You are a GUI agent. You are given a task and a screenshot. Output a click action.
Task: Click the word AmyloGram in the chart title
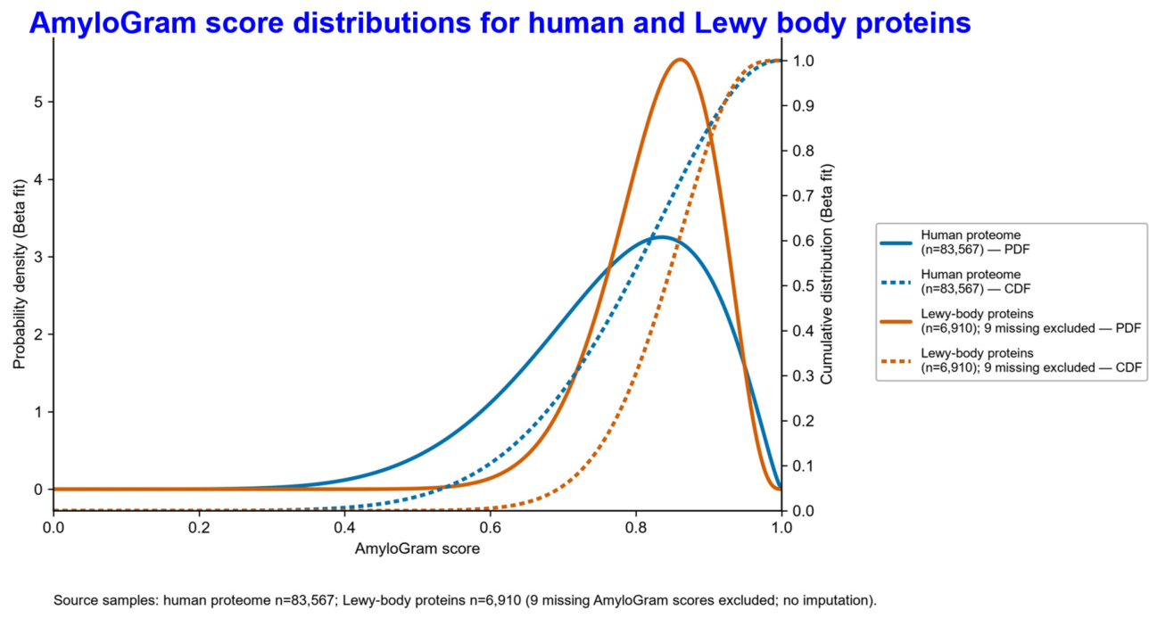click(x=113, y=22)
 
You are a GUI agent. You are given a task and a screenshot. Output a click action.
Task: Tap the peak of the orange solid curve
click(x=680, y=60)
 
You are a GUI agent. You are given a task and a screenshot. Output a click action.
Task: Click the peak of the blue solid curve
click(x=662, y=237)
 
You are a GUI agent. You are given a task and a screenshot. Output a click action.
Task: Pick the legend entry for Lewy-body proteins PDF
click(x=1011, y=321)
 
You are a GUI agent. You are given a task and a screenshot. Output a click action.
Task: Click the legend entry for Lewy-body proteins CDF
click(x=1011, y=360)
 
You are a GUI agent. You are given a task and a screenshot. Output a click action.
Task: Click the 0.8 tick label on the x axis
click(x=636, y=528)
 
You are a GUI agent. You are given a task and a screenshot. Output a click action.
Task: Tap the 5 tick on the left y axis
click(x=38, y=102)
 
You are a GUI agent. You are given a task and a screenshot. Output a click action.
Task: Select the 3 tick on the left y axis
click(x=38, y=257)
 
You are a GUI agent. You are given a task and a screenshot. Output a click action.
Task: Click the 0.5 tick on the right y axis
click(x=803, y=286)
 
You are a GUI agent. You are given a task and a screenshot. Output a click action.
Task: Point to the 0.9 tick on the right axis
click(x=803, y=106)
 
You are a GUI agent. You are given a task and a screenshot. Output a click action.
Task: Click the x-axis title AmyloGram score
click(x=417, y=548)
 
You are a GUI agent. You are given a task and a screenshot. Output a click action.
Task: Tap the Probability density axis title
click(x=19, y=274)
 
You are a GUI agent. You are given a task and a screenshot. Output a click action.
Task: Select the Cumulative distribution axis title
click(x=827, y=274)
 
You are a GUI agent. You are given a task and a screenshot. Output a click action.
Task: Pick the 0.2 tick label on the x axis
click(x=199, y=528)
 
